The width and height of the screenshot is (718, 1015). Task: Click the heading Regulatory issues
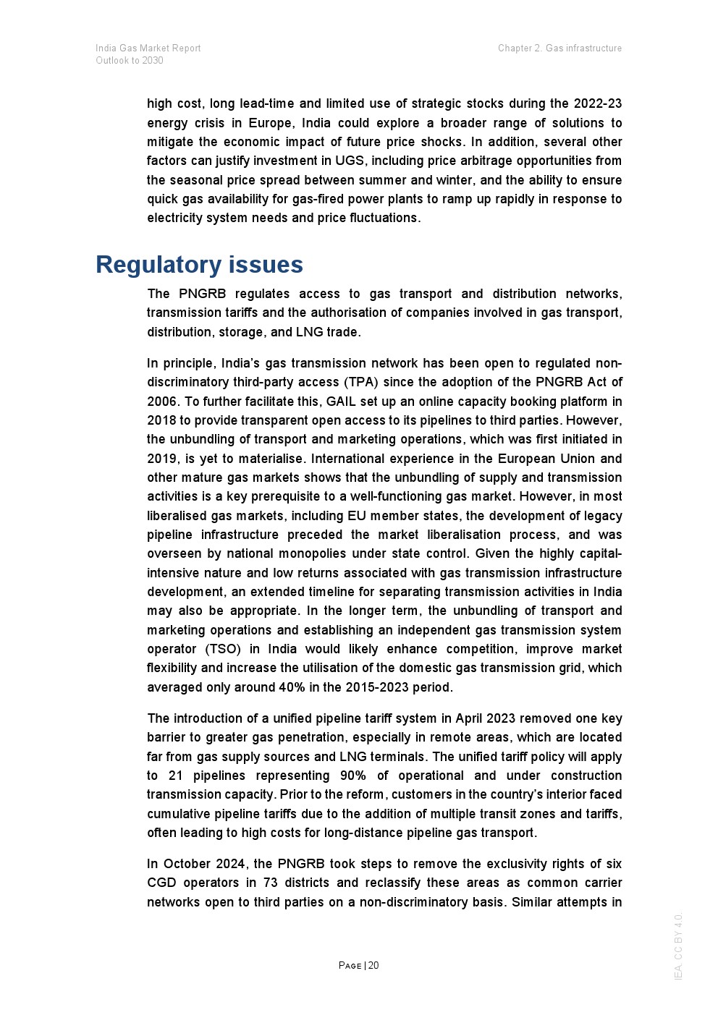click(x=199, y=265)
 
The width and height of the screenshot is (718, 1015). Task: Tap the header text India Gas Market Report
click(x=148, y=48)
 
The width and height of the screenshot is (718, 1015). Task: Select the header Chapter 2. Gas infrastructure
click(x=559, y=48)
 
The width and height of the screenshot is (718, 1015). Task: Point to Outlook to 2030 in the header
click(x=130, y=60)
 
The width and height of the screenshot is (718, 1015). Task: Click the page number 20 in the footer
click(x=373, y=965)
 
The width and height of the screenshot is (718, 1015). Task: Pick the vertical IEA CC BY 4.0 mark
click(x=678, y=946)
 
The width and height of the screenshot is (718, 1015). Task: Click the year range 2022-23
click(x=597, y=103)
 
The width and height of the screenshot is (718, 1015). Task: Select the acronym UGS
click(x=350, y=161)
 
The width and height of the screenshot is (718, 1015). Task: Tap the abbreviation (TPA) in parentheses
click(x=360, y=382)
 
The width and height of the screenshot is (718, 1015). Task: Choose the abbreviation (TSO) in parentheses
click(x=223, y=649)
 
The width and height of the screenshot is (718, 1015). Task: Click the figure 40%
click(x=292, y=687)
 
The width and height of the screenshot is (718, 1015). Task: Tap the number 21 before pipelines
click(x=175, y=776)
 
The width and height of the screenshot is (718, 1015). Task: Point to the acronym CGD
click(x=161, y=883)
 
